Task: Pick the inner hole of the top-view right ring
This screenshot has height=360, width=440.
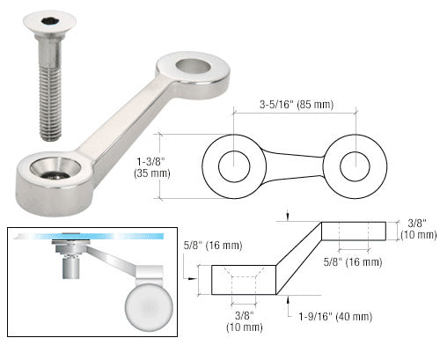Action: pyautogui.click(x=356, y=165)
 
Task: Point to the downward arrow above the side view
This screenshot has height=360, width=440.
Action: pyautogui.click(x=290, y=214)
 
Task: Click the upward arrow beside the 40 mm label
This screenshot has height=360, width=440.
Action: pyautogui.click(x=290, y=302)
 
